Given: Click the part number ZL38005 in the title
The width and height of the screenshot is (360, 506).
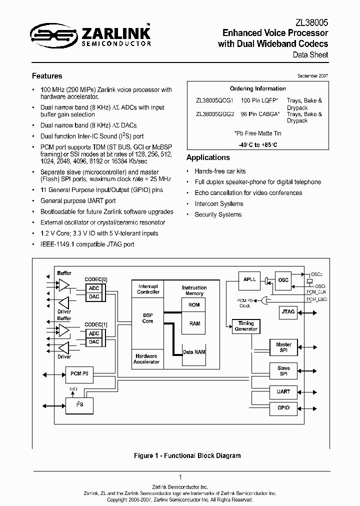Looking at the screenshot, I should click(312, 22).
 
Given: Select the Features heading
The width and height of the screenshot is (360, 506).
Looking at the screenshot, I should click(47, 76).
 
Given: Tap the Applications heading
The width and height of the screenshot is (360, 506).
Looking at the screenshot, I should click(207, 157).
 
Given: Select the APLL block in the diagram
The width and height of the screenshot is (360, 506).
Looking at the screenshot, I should click(249, 279).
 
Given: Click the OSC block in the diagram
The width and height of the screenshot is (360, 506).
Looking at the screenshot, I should click(283, 280).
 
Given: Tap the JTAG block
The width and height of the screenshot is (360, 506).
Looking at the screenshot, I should click(288, 312).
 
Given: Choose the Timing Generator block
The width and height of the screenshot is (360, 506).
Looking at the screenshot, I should click(246, 326).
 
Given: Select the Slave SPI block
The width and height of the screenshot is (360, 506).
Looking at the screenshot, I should click(283, 371).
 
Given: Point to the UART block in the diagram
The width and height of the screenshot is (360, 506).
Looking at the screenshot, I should click(283, 391).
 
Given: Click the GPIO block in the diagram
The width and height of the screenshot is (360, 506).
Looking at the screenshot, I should click(283, 407).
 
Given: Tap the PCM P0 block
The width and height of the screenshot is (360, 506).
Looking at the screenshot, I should click(79, 373).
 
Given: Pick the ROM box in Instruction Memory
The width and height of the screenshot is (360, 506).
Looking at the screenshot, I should click(194, 304).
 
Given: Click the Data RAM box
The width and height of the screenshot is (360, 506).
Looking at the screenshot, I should click(194, 352).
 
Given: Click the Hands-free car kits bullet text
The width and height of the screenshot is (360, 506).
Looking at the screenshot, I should click(220, 171).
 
